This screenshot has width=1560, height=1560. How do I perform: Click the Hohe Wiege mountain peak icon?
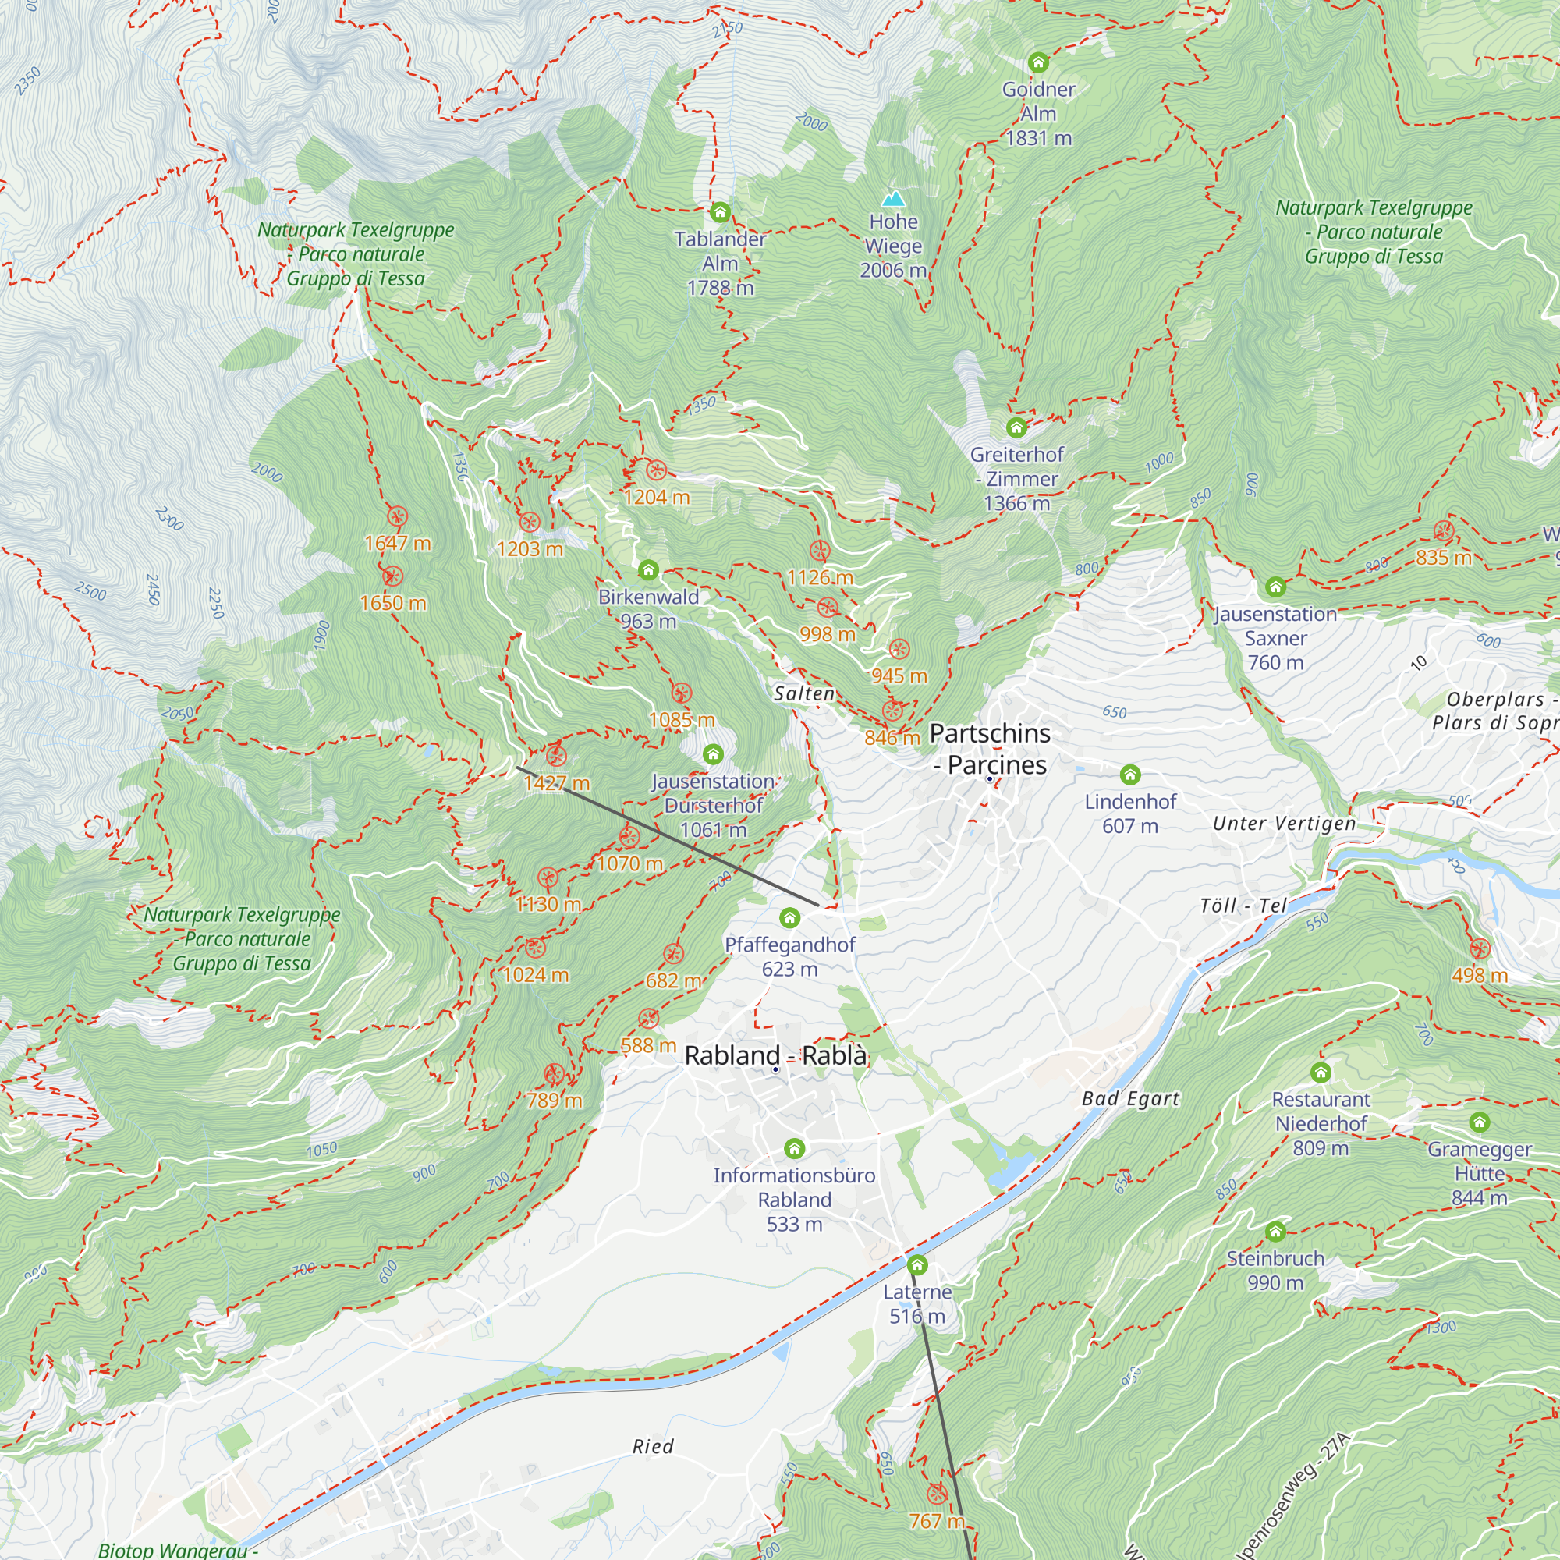pyautogui.click(x=893, y=199)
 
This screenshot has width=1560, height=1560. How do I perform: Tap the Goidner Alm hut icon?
pyautogui.click(x=1038, y=62)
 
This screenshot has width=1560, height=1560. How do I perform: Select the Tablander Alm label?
pyautogui.click(x=719, y=262)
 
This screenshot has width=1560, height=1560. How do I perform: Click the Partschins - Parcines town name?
pyautogui.click(x=990, y=749)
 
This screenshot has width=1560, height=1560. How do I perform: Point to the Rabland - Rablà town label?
pyautogui.click(x=775, y=1055)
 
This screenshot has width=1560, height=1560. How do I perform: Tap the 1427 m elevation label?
pyautogui.click(x=556, y=782)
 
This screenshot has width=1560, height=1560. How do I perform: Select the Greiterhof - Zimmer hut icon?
pyautogui.click(x=1016, y=427)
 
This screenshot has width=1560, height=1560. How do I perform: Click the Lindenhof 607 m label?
pyautogui.click(x=1129, y=813)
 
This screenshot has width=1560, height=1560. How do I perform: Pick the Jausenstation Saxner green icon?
pyautogui.click(x=1275, y=587)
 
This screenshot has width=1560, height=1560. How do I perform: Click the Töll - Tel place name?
pyautogui.click(x=1243, y=905)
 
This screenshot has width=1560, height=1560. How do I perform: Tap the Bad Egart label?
pyautogui.click(x=1130, y=1098)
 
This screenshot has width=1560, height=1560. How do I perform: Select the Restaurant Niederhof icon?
pyautogui.click(x=1321, y=1072)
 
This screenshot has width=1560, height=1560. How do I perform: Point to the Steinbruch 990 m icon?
pyautogui.click(x=1275, y=1232)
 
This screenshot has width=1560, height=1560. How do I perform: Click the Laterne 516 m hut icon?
pyautogui.click(x=917, y=1264)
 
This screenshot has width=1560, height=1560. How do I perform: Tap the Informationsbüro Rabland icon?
pyautogui.click(x=795, y=1148)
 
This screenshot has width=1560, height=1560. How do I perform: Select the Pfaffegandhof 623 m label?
pyautogui.click(x=789, y=956)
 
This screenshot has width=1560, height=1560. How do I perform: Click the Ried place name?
pyautogui.click(x=652, y=1446)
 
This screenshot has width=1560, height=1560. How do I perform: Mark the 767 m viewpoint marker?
pyautogui.click(x=937, y=1493)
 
